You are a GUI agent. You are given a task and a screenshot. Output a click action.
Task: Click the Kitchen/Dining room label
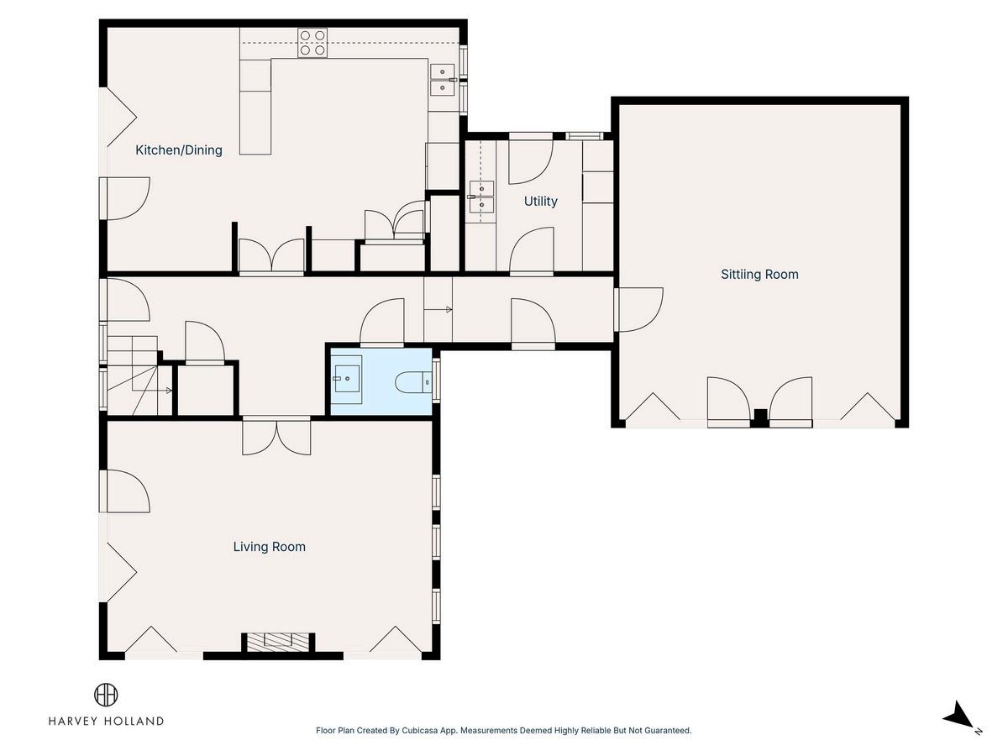tap(179, 150)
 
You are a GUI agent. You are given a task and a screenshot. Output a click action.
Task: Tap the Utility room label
tap(540, 201)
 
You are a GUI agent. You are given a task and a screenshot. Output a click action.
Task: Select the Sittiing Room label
tap(759, 275)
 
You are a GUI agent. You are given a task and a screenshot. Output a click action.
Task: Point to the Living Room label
tap(269, 547)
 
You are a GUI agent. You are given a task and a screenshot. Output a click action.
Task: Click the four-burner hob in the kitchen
tap(312, 43)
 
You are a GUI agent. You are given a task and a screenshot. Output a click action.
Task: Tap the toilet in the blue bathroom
tap(413, 383)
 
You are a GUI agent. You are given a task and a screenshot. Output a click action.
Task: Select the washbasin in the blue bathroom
tap(347, 379)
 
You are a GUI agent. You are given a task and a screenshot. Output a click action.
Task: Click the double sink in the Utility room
tap(481, 197)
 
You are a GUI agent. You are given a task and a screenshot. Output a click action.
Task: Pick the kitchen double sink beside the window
tap(442, 80)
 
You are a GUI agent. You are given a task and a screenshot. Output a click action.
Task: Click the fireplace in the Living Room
tap(278, 642)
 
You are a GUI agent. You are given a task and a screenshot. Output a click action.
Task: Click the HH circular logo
tap(106, 695)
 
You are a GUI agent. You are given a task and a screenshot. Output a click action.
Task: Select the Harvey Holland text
tap(106, 721)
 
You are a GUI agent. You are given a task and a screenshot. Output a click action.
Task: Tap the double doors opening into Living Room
tap(276, 437)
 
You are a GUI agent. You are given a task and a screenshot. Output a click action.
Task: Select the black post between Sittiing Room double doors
tap(760, 418)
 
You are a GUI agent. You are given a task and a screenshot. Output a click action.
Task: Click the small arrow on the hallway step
tap(438, 310)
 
